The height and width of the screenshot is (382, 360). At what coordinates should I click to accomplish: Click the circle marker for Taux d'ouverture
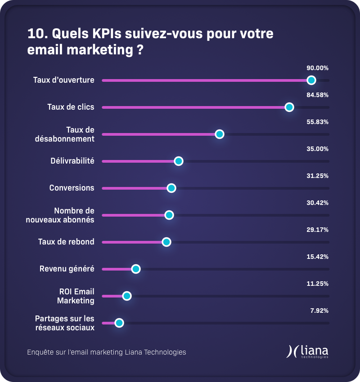pos(311,80)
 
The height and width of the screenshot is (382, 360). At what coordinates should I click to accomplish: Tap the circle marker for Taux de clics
pos(289,107)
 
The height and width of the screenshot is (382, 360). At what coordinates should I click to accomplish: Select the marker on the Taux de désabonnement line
pos(220,134)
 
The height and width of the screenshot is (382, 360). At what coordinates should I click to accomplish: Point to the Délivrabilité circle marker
pos(179,161)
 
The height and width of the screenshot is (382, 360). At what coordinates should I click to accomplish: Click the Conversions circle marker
pos(171,188)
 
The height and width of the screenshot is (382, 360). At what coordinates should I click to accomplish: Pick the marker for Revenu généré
pos(136,269)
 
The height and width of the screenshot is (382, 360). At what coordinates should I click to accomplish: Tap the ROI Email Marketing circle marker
pos(127,296)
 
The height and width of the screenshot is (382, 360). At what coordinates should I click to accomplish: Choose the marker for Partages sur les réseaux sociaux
pos(119,323)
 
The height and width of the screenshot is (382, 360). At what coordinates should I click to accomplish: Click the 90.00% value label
pos(317,68)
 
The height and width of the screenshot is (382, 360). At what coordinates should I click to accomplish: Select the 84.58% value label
pos(317,95)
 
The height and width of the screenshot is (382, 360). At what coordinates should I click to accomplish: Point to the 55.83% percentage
pos(317,122)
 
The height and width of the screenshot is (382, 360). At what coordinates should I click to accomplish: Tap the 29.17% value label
pos(317,230)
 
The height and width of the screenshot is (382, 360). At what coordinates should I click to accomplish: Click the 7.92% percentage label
pos(319,311)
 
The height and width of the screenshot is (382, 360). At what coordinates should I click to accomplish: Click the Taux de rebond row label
pos(66,242)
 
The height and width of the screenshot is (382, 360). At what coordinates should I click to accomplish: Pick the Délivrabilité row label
pos(72,161)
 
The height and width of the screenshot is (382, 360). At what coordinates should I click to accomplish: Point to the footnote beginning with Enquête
pos(107,352)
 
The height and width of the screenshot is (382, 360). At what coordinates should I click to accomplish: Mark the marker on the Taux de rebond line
pos(166,242)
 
